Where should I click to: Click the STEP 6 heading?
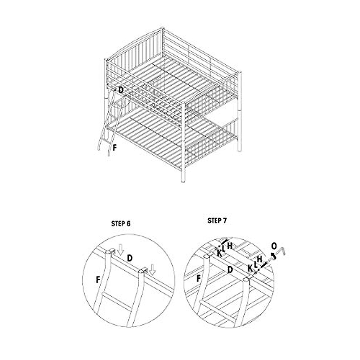(121, 224)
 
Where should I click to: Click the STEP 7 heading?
(217, 221)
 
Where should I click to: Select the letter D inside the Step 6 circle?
(130, 257)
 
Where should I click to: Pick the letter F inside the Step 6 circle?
(98, 280)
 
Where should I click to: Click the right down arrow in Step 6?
(153, 269)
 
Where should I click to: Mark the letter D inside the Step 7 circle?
(230, 269)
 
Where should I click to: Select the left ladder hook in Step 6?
(111, 250)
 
